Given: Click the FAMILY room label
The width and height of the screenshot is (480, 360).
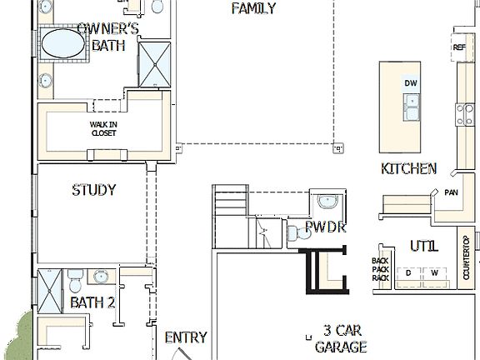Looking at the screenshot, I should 253,9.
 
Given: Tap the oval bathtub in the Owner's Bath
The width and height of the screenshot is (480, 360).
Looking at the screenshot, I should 62,44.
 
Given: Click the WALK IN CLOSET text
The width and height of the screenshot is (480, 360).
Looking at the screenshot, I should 103,127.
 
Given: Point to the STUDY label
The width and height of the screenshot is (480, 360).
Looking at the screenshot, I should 93,190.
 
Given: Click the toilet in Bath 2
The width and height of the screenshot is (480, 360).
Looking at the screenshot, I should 73,277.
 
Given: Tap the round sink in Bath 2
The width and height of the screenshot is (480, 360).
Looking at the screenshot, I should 102,277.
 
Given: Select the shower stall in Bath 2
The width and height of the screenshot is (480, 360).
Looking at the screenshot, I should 51,291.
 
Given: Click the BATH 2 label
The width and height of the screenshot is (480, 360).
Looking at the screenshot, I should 92,302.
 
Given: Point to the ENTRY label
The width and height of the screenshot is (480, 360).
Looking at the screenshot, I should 185,337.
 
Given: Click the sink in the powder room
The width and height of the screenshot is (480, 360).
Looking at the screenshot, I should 327,202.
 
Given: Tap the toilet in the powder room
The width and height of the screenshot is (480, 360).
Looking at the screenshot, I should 296,233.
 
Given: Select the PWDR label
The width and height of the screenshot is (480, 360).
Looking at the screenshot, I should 325,227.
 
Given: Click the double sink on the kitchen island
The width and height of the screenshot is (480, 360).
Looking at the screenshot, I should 411,107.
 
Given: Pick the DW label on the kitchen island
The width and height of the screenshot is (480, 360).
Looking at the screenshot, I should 411,83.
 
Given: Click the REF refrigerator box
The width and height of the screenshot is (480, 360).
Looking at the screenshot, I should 459,47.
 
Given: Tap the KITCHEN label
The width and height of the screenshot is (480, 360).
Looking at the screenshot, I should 408,169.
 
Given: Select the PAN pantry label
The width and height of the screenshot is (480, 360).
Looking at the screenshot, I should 451,192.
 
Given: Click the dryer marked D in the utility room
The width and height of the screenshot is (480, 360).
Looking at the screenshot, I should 408,272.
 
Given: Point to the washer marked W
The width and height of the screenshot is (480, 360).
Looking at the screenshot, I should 433,272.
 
